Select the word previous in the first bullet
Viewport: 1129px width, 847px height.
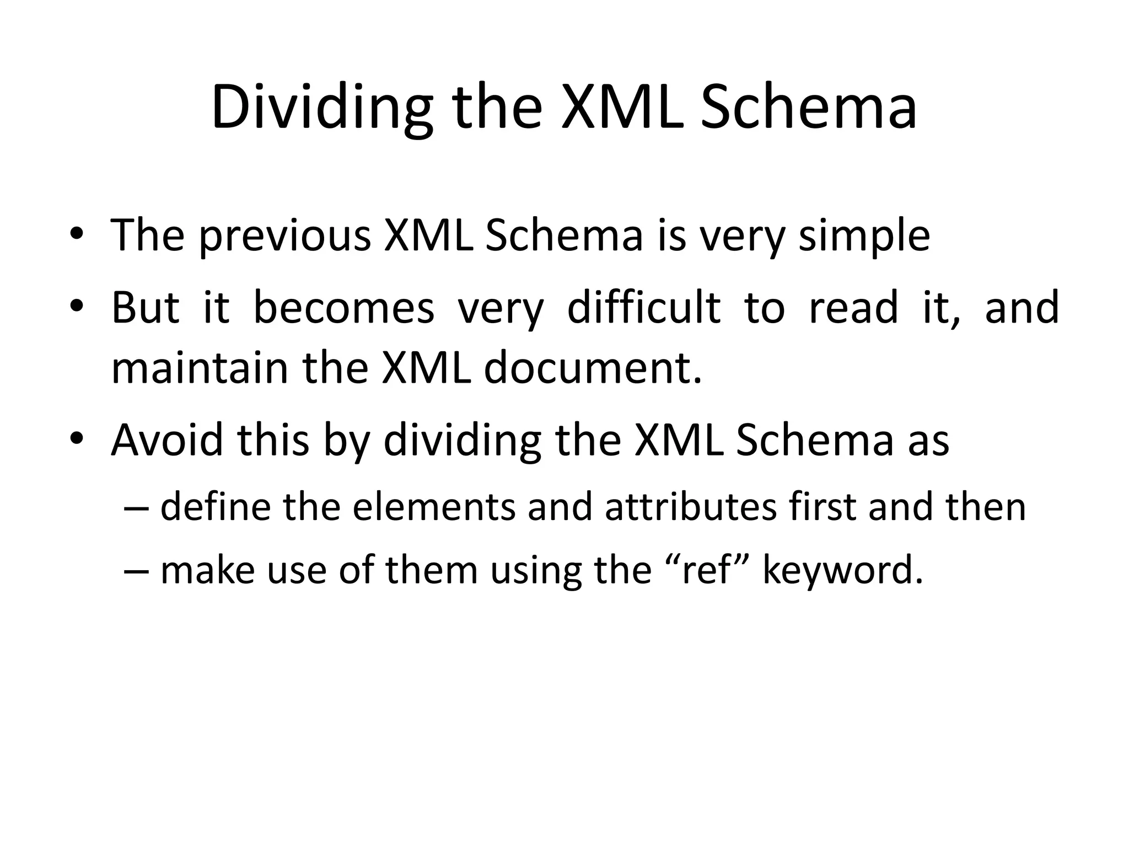tap(284, 236)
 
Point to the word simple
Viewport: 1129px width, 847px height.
tap(864, 236)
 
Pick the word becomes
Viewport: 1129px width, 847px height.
tap(343, 307)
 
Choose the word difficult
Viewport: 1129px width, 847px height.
tap(643, 307)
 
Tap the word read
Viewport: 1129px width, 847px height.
tap(853, 307)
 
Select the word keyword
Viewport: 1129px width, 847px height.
tap(842, 571)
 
